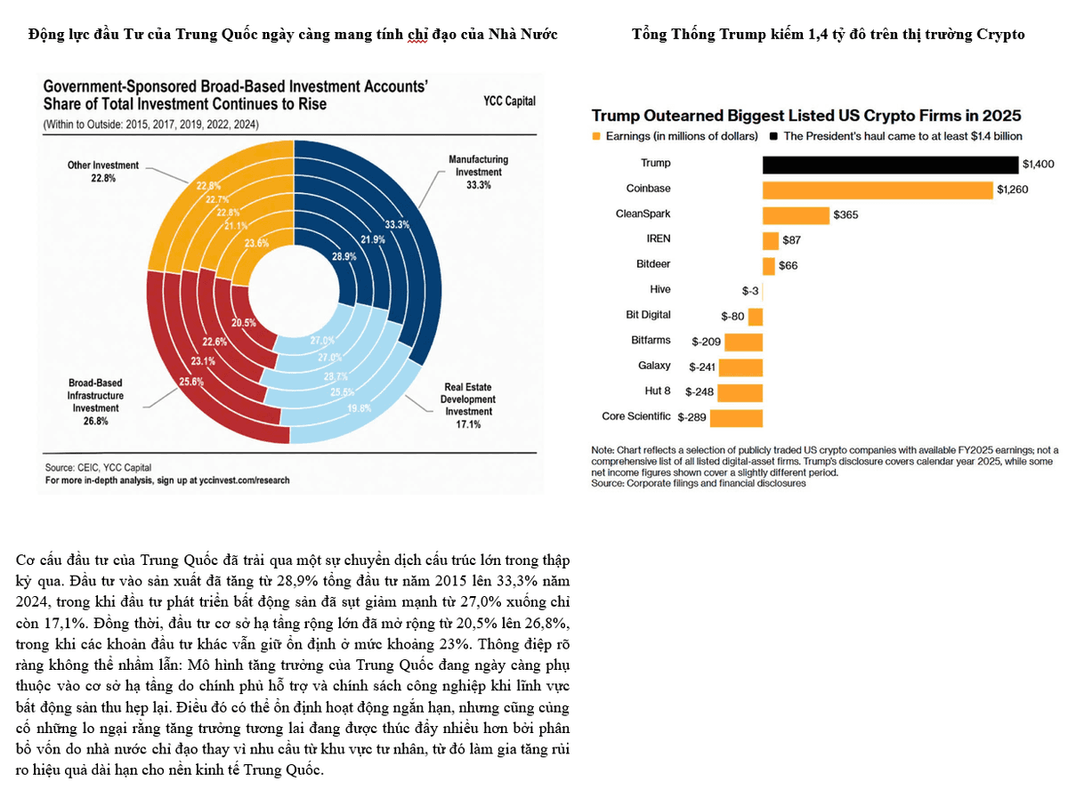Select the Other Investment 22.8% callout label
(102, 171)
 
